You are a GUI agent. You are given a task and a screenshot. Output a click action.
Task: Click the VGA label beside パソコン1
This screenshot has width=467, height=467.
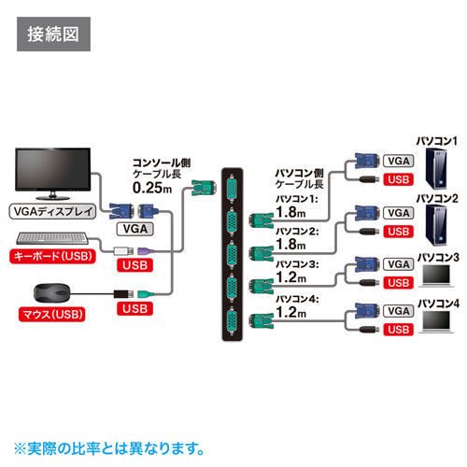click(397, 161)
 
